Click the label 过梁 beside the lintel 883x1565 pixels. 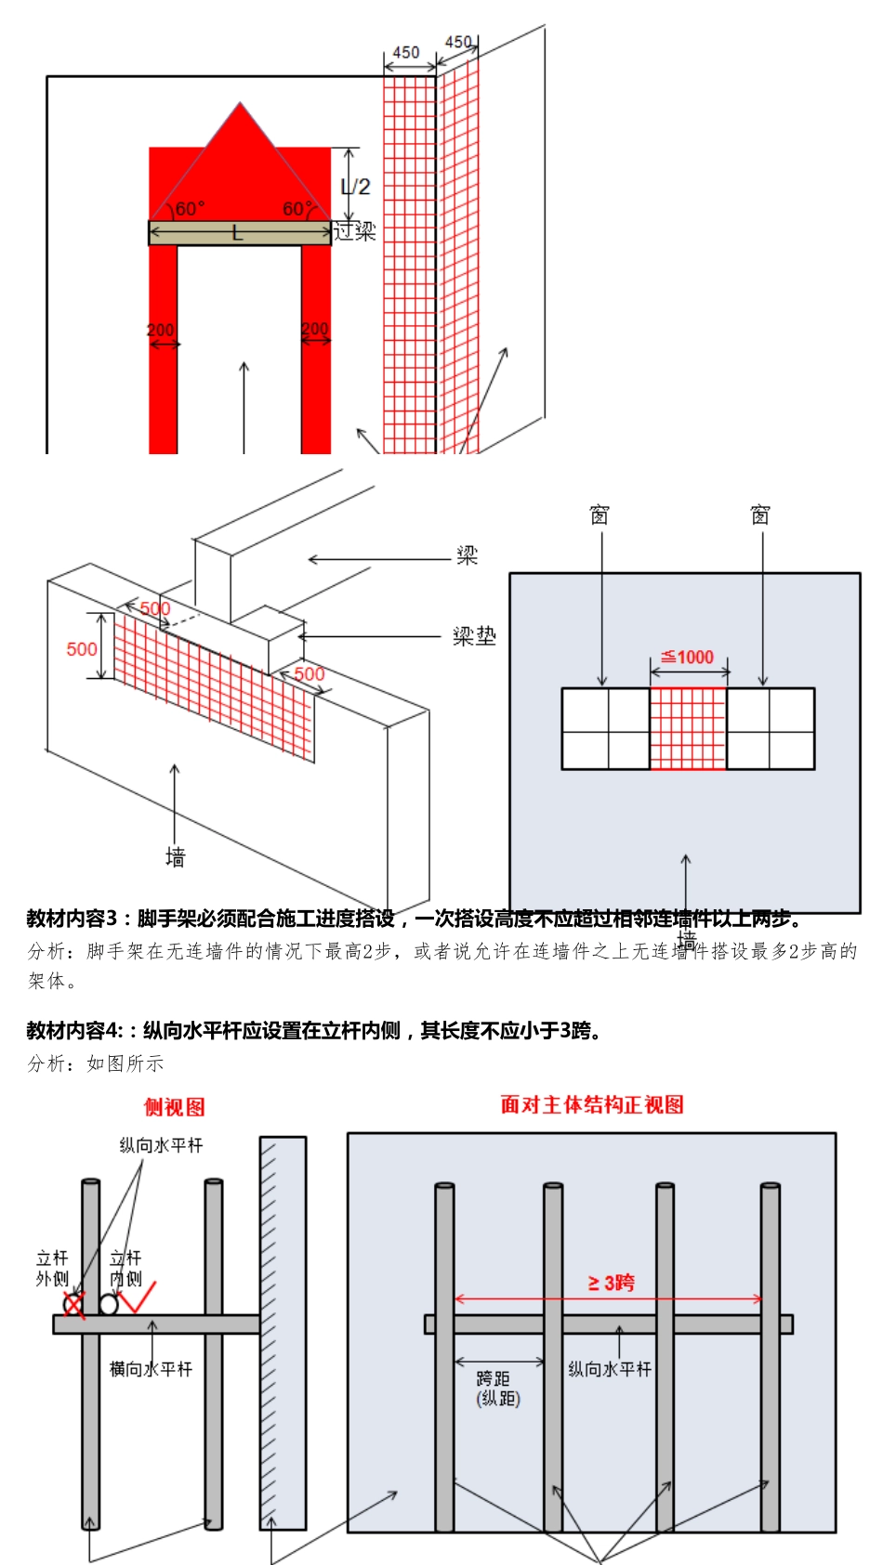[x=355, y=230]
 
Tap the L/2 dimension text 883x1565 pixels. [x=355, y=187]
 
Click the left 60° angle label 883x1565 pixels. [x=190, y=209]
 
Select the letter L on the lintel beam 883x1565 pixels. [x=238, y=233]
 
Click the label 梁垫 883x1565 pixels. [x=474, y=636]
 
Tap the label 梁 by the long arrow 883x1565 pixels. [x=467, y=555]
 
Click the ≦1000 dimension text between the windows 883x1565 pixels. [x=688, y=658]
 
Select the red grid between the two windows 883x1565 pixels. [x=688, y=729]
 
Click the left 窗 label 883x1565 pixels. [x=600, y=515]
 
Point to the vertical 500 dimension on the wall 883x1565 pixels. [x=82, y=648]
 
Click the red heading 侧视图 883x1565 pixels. [x=174, y=1107]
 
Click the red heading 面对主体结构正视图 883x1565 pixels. [x=592, y=1104]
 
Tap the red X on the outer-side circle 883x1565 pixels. [x=74, y=1304]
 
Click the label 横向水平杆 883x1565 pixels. [x=151, y=1369]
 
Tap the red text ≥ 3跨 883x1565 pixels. [x=611, y=1283]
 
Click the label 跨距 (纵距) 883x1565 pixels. [x=498, y=1389]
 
